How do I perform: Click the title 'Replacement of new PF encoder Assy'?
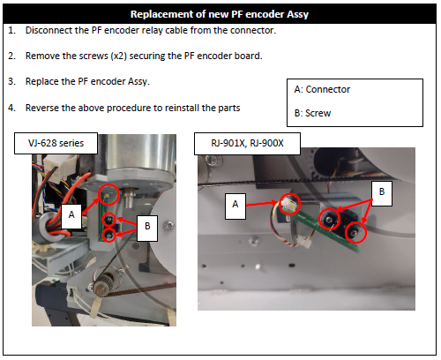pyautogui.click(x=220, y=14)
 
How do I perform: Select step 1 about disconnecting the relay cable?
pyautogui.click(x=142, y=30)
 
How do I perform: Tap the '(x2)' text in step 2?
pyautogui.click(x=119, y=56)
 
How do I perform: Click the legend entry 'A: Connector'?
pyautogui.click(x=322, y=89)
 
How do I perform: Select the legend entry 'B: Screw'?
pyautogui.click(x=312, y=113)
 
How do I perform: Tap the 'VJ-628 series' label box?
pyautogui.click(x=56, y=143)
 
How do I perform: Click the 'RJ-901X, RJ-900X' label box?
pyautogui.click(x=247, y=144)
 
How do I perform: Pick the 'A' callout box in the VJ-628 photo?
pyautogui.click(x=71, y=216)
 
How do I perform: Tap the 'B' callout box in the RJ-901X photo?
pyautogui.click(x=382, y=193)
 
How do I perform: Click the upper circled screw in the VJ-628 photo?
pyautogui.click(x=108, y=219)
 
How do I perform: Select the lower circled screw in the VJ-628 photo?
pyautogui.click(x=108, y=236)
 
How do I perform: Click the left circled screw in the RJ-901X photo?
pyautogui.click(x=330, y=219)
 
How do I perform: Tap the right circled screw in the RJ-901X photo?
pyautogui.click(x=355, y=233)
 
